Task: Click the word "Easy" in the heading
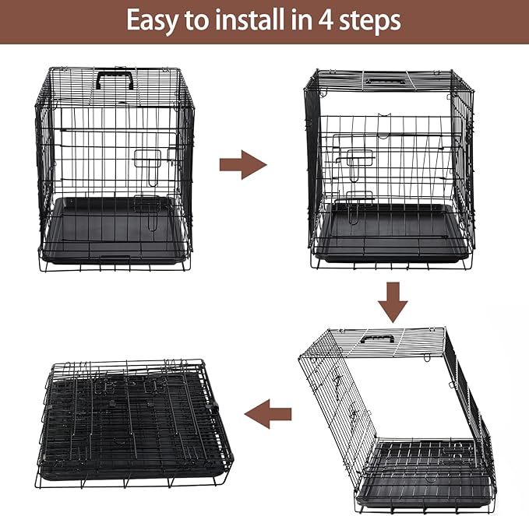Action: click(154, 21)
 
